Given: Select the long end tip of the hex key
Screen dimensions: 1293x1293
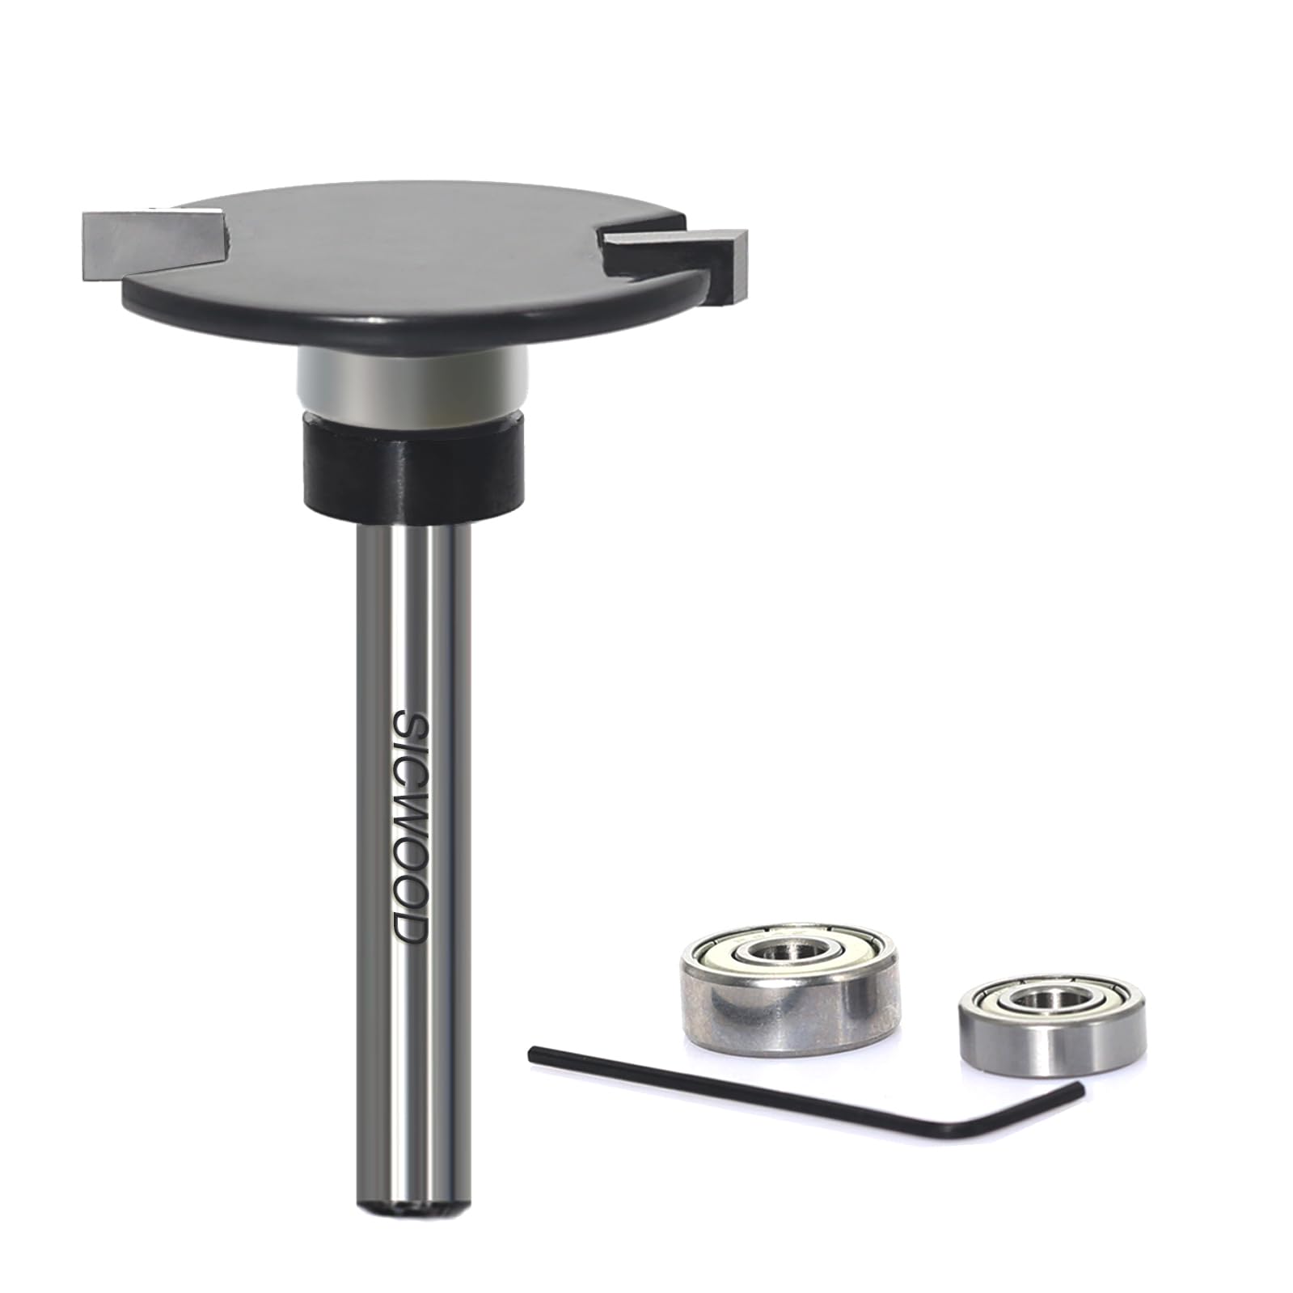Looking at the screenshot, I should coord(534,1051).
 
